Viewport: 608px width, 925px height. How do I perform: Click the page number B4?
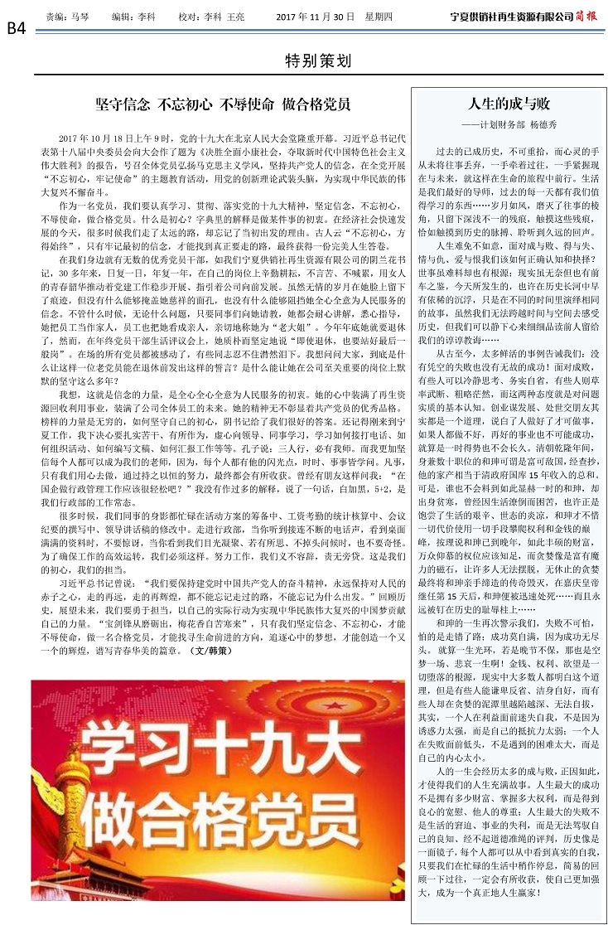pyautogui.click(x=16, y=27)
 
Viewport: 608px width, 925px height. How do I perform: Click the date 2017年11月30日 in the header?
pyautogui.click(x=315, y=16)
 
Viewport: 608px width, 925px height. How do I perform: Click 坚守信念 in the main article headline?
pyautogui.click(x=123, y=104)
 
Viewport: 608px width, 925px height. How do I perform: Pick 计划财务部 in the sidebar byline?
pyautogui.click(x=508, y=124)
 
